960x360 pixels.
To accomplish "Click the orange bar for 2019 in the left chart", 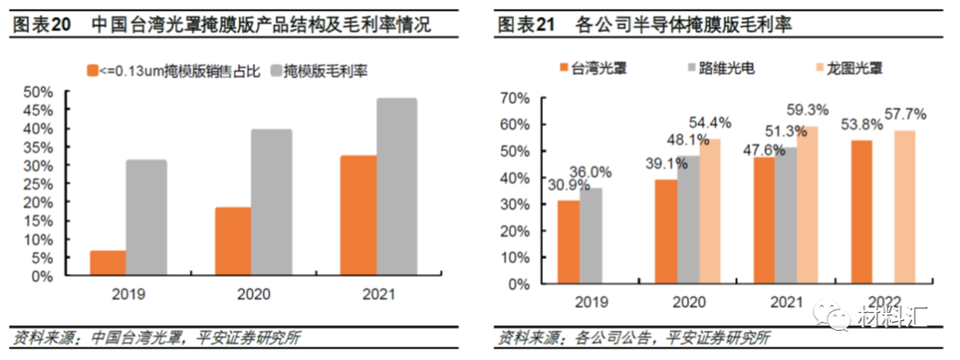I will [x=108, y=263].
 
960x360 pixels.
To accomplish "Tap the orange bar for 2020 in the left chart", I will [x=234, y=241].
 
